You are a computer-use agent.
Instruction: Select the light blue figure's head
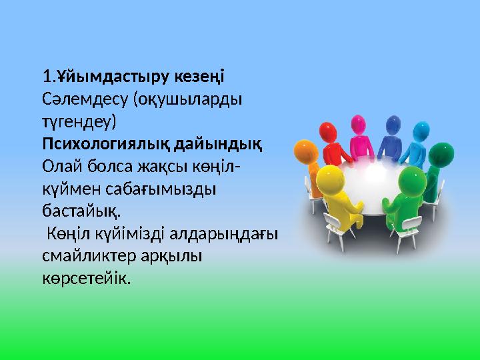421,130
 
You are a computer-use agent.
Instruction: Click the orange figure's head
305,151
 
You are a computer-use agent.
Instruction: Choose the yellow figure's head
327,177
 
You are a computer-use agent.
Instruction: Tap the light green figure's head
413,180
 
